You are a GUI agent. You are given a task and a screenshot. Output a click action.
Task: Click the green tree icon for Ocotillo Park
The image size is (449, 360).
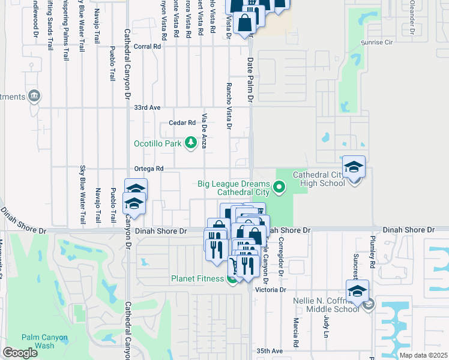[190, 143]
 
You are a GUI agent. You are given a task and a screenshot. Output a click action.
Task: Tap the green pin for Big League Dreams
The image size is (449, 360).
[279, 188]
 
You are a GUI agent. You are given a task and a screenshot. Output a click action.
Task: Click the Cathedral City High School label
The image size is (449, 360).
[319, 179]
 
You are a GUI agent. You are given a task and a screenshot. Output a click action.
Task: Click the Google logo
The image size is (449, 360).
[20, 353]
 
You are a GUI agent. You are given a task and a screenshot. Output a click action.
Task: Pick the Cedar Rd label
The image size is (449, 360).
[184, 122]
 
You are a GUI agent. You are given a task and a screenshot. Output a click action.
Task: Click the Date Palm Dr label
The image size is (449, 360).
[250, 77]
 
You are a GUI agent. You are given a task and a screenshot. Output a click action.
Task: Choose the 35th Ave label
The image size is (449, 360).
[269, 350]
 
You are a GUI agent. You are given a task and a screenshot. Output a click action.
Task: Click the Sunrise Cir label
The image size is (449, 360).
[376, 43]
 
